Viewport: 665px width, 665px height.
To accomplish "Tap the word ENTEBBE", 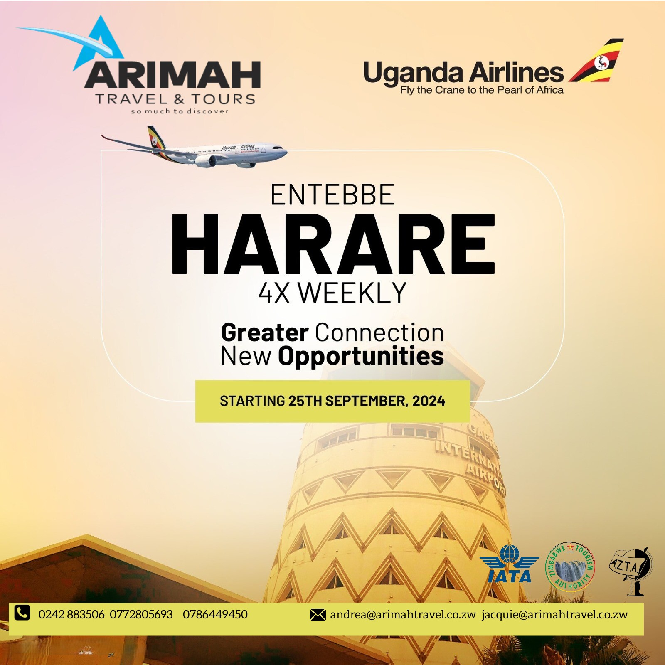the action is tap(332, 195).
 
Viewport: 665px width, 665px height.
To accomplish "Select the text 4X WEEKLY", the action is tap(332, 293).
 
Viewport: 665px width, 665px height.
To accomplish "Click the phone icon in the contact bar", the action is tap(22, 613).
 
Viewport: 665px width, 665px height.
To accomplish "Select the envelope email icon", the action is tap(318, 615).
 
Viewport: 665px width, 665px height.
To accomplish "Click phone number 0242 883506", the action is tap(71, 615).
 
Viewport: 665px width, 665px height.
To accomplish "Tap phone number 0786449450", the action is tap(215, 615).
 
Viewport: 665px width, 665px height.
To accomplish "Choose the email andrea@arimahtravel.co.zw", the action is tap(403, 615).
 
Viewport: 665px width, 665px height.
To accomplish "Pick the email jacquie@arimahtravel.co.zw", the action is tap(555, 615).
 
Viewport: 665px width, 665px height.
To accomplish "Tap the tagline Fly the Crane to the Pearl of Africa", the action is tap(482, 90).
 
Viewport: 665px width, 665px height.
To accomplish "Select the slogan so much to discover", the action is tap(180, 111).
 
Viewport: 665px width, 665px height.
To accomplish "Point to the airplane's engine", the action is tap(206, 161).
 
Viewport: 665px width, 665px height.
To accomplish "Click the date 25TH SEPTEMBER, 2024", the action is tap(367, 401).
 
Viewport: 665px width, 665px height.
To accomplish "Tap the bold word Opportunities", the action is tap(361, 357).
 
